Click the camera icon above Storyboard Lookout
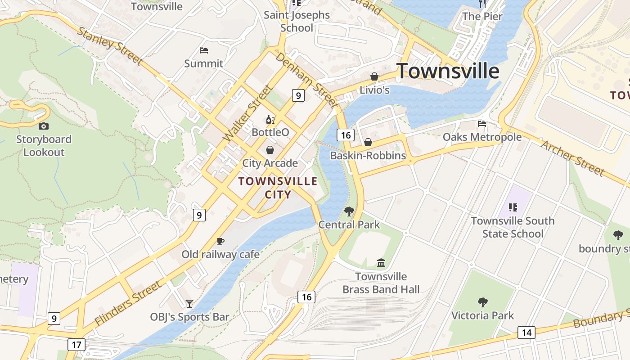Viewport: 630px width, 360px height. (x=44, y=126)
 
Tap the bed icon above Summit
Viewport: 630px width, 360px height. (x=203, y=50)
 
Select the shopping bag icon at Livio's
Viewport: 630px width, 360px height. (x=374, y=77)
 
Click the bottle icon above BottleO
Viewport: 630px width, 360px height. (x=270, y=119)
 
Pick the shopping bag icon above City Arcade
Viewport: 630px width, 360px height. (x=270, y=149)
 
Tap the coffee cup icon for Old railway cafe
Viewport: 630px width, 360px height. (x=220, y=242)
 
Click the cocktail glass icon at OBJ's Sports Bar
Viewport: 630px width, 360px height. (x=189, y=304)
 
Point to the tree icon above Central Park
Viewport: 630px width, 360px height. (x=349, y=211)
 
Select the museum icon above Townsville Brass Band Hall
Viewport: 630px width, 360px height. (x=381, y=263)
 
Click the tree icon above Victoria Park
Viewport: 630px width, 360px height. (x=482, y=302)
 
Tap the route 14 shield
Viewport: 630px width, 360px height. (x=526, y=333)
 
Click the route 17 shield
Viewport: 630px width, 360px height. (x=76, y=345)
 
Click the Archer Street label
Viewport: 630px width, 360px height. (x=572, y=158)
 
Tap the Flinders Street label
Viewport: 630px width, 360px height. (x=128, y=303)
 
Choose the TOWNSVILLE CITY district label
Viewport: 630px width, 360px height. (x=278, y=188)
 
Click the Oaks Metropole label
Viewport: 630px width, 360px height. (x=482, y=137)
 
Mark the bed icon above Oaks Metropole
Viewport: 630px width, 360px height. (x=482, y=124)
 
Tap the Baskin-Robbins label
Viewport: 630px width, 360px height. (x=368, y=156)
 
